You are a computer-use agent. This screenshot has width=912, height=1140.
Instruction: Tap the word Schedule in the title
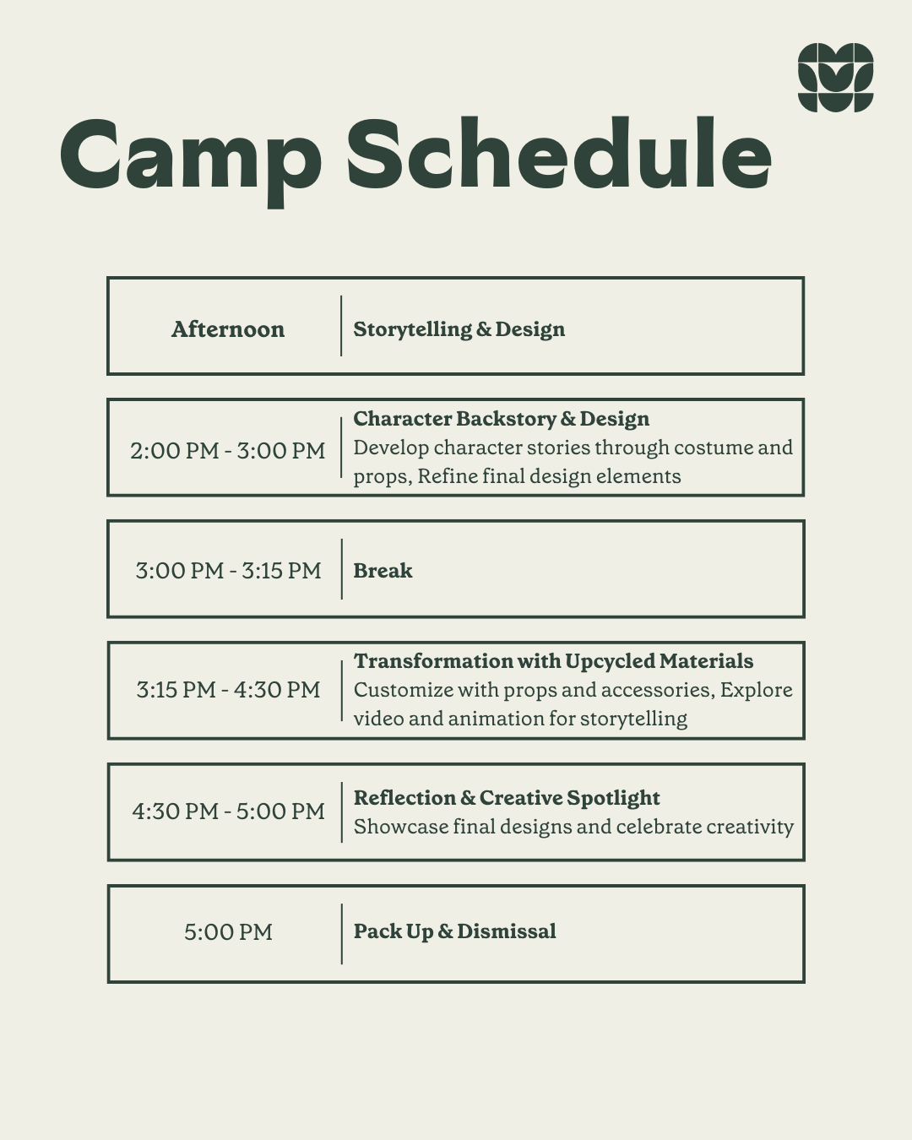[559, 154]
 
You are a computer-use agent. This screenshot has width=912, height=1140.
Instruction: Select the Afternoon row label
[228, 329]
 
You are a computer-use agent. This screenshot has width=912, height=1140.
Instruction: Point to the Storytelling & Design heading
[459, 329]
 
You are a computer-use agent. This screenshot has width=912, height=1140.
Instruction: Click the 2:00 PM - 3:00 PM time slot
[228, 451]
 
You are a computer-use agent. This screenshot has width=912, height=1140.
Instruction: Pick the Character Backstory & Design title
[502, 419]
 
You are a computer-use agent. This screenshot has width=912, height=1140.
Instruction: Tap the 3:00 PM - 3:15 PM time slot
[228, 571]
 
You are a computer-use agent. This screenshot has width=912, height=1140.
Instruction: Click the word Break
[383, 571]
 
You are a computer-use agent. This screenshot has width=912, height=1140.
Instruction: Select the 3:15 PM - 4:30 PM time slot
[228, 690]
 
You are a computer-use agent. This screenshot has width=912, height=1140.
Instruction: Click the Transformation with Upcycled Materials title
[553, 662]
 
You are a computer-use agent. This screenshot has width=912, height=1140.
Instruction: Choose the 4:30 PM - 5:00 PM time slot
[228, 812]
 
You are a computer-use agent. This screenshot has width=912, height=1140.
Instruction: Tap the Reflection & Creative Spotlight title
[507, 798]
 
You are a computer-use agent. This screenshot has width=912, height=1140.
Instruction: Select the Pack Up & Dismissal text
[454, 931]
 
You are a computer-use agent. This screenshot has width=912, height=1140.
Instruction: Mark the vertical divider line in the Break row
[342, 569]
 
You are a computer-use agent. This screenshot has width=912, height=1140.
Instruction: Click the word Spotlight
[613, 799]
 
